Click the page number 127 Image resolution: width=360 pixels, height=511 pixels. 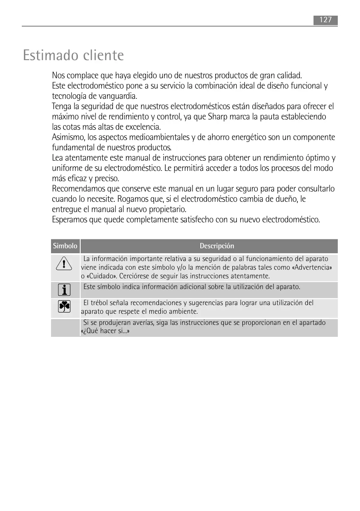tap(325, 20)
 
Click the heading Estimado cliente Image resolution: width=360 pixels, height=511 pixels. tap(73, 55)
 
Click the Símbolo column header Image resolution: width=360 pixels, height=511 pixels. tap(65, 246)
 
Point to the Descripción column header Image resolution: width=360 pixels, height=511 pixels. tap(217, 246)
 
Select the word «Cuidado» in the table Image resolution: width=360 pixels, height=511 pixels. tap(100, 276)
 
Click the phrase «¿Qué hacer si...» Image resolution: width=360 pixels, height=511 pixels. tap(105, 331)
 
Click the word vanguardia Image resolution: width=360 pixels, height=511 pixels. tap(118, 96)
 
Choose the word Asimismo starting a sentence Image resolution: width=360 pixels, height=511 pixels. tap(66, 137)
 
